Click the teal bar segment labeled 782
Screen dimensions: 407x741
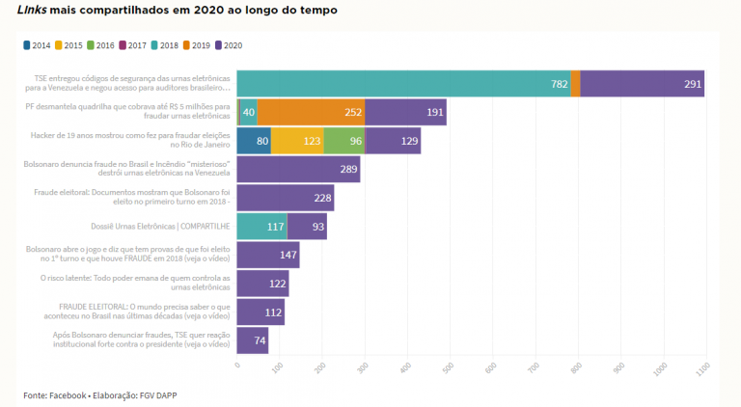point(403,84)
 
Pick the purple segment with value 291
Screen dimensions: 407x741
point(642,84)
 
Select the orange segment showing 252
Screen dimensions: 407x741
point(311,112)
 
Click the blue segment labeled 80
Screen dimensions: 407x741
point(254,141)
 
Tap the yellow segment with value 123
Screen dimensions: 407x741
point(297,141)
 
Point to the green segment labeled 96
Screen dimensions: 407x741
point(344,141)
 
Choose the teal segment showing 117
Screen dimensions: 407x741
point(262,227)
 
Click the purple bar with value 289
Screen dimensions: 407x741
point(298,170)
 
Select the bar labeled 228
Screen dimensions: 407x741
point(285,198)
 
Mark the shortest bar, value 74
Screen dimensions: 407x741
point(252,340)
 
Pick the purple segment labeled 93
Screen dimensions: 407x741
point(308,227)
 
